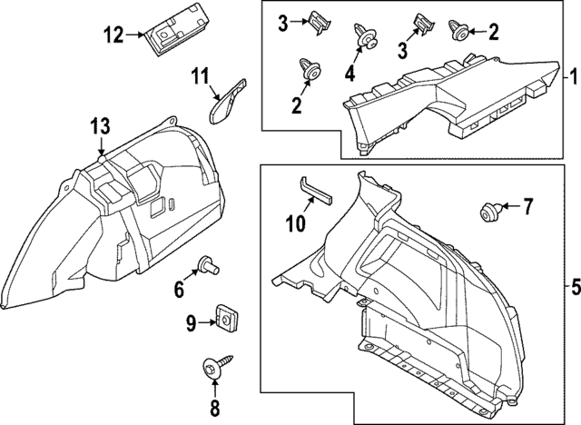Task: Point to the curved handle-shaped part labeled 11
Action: (226, 101)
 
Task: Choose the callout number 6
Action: (179, 291)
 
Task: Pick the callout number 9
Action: (192, 321)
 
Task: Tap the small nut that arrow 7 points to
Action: (487, 212)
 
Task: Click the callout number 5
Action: (573, 286)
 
